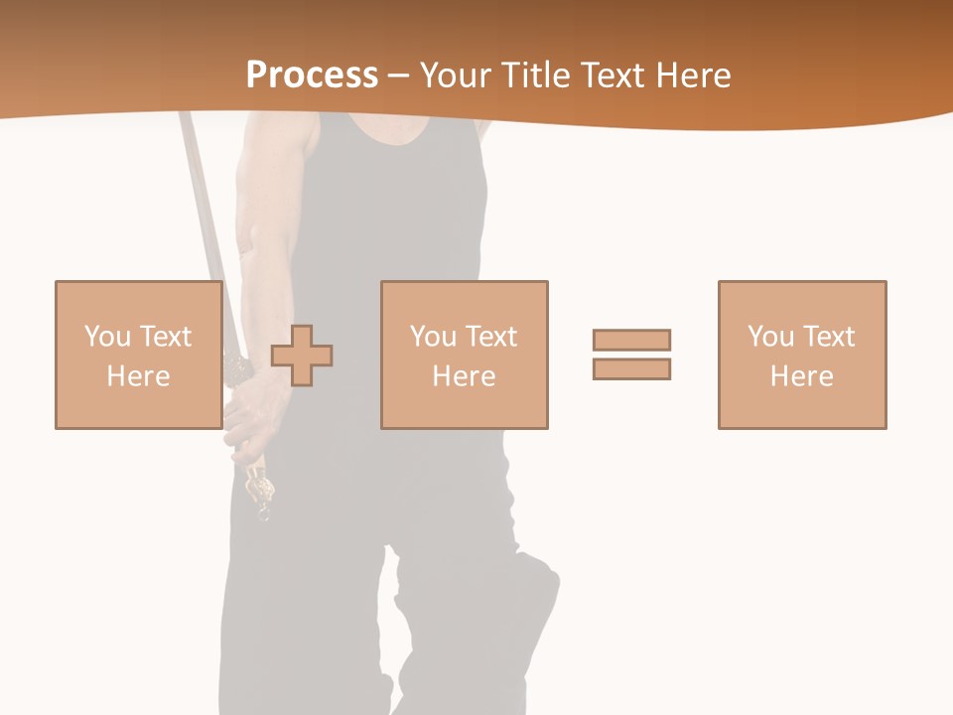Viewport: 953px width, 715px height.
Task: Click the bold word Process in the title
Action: pos(312,74)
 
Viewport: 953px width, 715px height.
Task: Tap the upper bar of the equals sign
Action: pos(631,340)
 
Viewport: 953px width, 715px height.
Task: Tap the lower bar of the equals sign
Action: pos(631,368)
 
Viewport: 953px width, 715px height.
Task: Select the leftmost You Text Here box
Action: pos(138,355)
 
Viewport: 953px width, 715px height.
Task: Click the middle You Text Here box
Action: pos(464,355)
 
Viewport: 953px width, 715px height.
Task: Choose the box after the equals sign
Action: pos(801,355)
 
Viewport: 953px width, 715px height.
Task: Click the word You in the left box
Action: pos(107,336)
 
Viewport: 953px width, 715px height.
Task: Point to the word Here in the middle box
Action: pos(464,375)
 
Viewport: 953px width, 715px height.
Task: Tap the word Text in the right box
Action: pos(828,336)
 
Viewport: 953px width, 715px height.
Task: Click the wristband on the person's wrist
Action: pos(239,370)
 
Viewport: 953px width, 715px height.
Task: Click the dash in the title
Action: pos(398,75)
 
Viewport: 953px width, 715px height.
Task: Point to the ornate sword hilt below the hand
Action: pos(261,492)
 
